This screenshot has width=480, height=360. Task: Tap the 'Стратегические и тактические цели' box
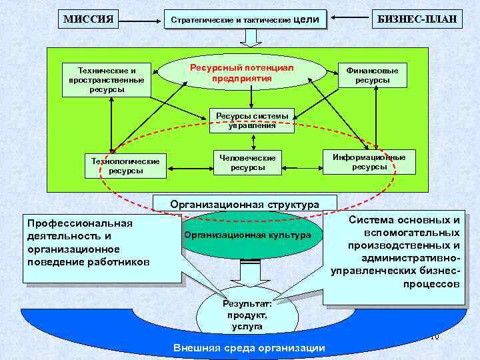point(245,20)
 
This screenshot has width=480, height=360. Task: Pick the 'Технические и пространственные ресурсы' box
point(106,79)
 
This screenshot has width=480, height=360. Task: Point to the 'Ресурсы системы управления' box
point(252,120)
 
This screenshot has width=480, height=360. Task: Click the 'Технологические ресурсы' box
point(125,166)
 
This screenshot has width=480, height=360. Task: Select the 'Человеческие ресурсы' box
point(248,162)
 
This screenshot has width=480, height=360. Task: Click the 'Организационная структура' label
point(245,203)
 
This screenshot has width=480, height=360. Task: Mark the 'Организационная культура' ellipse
point(248,235)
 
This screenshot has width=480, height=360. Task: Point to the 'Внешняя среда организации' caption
point(249,348)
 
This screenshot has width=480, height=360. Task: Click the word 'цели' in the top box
point(306,19)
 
